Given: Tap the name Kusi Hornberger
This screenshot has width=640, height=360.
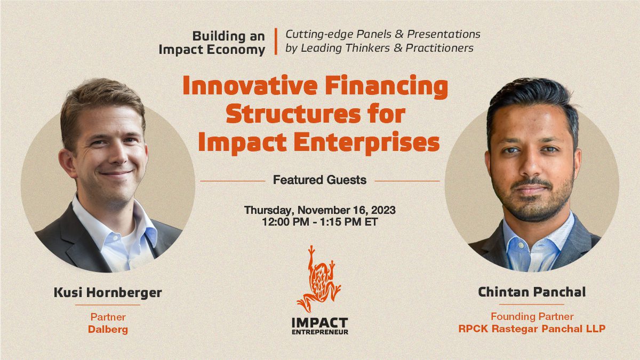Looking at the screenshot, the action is pyautogui.click(x=108, y=293).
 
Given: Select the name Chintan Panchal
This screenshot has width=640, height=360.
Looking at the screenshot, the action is pyautogui.click(x=532, y=292).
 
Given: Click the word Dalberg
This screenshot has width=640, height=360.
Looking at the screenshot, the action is pyautogui.click(x=108, y=330).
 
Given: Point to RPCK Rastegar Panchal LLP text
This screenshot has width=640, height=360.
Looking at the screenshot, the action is pyautogui.click(x=532, y=329).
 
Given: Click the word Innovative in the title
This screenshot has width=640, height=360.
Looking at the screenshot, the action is pyautogui.click(x=250, y=86).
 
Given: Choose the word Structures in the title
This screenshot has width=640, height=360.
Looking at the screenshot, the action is pyautogui.click(x=293, y=114).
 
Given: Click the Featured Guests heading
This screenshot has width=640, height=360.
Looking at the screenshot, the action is pyautogui.click(x=319, y=180).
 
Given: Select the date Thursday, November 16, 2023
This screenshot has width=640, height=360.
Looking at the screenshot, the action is pyautogui.click(x=319, y=210).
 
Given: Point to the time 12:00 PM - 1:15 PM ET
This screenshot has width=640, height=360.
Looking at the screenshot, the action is pyautogui.click(x=319, y=222).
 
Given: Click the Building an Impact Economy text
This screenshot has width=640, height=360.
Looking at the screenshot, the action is pyautogui.click(x=212, y=43).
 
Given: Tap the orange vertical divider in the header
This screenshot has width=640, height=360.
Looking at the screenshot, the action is pyautogui.click(x=276, y=42).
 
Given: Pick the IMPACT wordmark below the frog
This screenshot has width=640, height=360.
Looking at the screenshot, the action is pyautogui.click(x=319, y=323).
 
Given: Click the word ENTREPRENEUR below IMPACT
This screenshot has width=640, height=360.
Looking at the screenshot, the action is pyautogui.click(x=319, y=332).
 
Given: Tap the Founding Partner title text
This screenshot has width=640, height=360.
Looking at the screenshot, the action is pyautogui.click(x=532, y=316).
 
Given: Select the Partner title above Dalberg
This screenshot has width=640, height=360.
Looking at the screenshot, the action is pyautogui.click(x=108, y=317).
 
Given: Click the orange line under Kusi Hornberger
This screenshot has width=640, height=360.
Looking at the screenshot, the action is pyautogui.click(x=108, y=305).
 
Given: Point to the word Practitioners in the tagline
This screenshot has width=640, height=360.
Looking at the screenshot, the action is pyautogui.click(x=439, y=48).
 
